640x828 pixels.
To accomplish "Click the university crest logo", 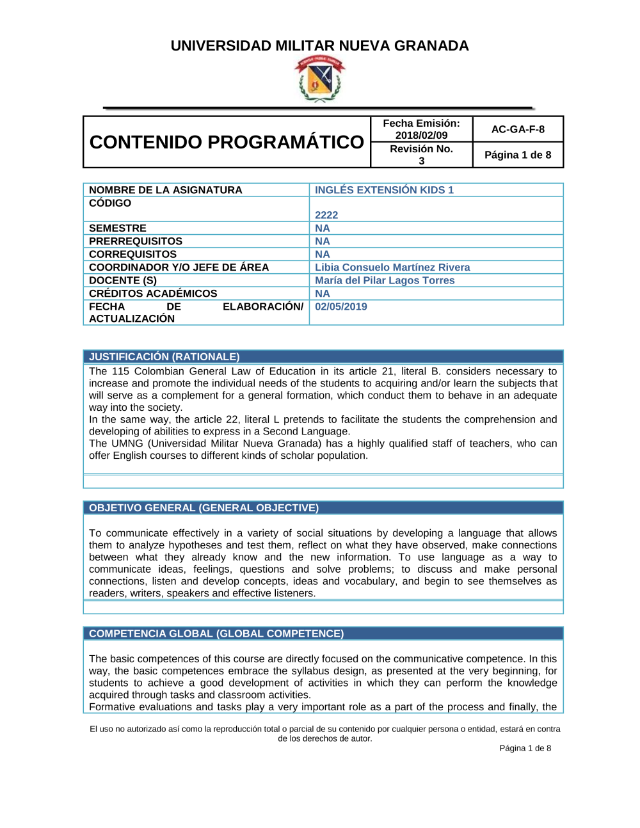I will (319, 79).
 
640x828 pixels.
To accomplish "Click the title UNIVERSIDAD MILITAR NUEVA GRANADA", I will (319, 46).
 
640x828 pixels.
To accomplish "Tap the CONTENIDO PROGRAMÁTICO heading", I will (227, 142).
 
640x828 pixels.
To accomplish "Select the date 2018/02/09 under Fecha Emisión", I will (421, 135).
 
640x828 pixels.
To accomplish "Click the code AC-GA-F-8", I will (518, 129).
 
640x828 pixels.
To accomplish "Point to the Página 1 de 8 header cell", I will (518, 155).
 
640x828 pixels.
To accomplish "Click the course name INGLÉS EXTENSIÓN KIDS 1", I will (384, 190).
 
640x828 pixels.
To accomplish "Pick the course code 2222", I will (326, 215).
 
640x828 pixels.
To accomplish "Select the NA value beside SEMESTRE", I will (323, 228).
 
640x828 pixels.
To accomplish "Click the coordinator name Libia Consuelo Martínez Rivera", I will (392, 267).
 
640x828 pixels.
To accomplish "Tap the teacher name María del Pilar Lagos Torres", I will (385, 280).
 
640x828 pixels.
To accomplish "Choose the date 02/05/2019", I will (341, 307).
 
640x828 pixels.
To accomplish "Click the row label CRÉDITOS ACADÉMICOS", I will (153, 294).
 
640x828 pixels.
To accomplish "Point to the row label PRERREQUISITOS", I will (136, 241).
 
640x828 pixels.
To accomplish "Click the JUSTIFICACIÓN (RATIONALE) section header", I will (164, 357).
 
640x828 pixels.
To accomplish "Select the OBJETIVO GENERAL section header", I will (204, 508).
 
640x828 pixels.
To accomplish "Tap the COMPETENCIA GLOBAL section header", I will (216, 633).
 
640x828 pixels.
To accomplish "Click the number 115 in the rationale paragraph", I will (120, 372).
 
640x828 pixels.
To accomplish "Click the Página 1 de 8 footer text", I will (525, 748).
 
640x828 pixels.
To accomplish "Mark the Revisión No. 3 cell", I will (421, 155).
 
